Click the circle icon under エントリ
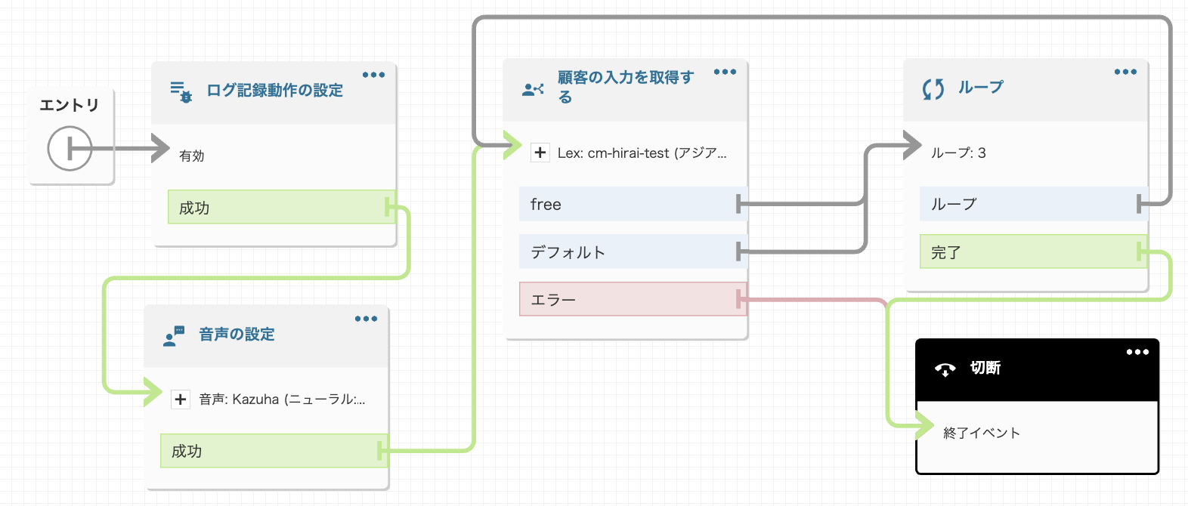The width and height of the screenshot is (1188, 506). coord(70,149)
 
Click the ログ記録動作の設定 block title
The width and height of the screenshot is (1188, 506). coord(274,91)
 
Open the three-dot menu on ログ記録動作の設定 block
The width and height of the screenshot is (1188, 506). coord(373,75)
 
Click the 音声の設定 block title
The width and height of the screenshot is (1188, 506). coord(237,335)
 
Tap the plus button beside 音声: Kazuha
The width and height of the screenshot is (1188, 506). coord(181,400)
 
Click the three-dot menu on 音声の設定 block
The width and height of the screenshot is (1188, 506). coord(366,319)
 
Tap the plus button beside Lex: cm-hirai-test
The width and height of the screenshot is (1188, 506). coord(540,153)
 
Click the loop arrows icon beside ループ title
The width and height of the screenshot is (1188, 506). coord(933,89)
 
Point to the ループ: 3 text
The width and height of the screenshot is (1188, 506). coord(958,153)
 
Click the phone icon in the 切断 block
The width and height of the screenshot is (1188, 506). coord(945,369)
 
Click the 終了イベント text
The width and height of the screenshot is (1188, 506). coord(982,433)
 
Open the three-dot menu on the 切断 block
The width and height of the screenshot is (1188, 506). coord(1137,352)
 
